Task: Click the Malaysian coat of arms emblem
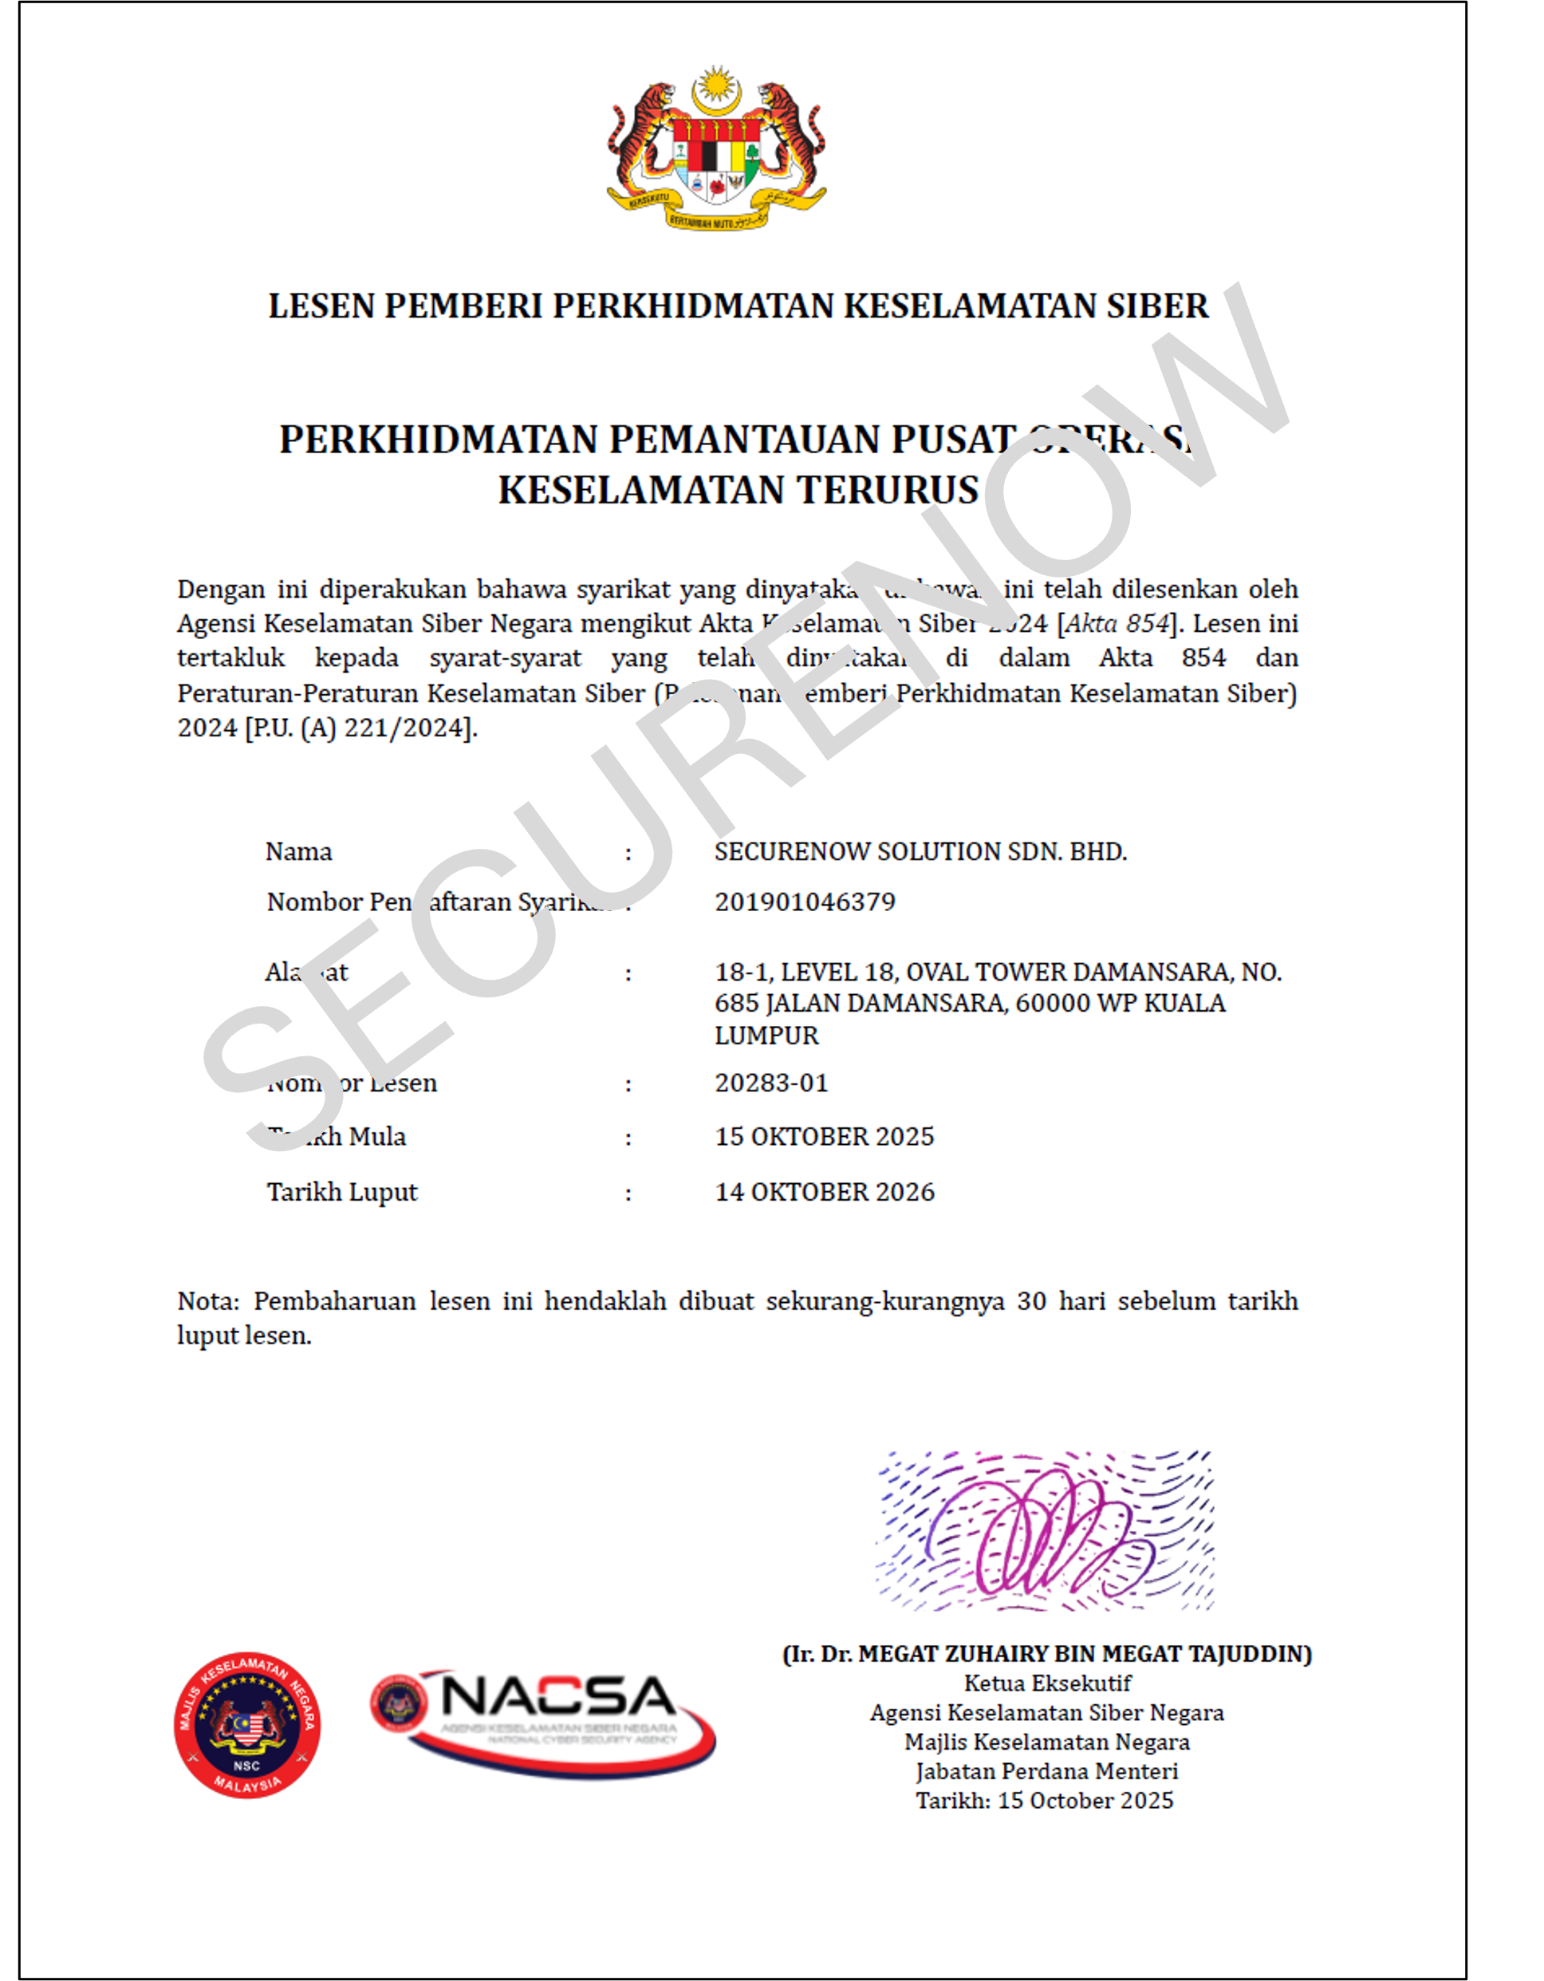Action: point(716,148)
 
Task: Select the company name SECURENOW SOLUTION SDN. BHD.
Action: point(920,852)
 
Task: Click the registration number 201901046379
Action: point(804,902)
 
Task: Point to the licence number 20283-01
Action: point(771,1083)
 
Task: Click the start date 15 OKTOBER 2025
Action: point(824,1137)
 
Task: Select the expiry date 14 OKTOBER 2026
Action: point(824,1192)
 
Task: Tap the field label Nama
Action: point(298,852)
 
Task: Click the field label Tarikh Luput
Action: point(342,1192)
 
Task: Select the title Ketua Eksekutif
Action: point(1047,1683)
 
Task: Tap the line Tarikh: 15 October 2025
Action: point(1045,1801)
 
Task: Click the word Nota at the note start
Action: point(207,1301)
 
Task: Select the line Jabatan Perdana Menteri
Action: point(1046,1771)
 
